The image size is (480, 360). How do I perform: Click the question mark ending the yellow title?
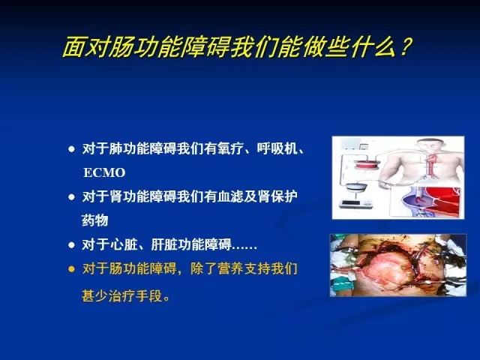(404, 47)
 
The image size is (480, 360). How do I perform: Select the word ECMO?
(104, 172)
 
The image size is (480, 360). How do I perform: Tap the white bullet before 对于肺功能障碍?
(72, 149)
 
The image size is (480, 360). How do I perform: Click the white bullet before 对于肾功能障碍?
(72, 196)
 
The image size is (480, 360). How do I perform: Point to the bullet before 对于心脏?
(72, 245)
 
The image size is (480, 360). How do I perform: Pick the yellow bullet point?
(72, 269)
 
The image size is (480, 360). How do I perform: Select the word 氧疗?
(230, 148)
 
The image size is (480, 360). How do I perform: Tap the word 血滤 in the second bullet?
(230, 196)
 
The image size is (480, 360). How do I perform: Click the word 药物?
(95, 220)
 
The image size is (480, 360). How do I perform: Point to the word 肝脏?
(164, 244)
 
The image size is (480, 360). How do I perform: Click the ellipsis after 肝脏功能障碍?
(244, 247)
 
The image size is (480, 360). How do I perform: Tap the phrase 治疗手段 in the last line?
(135, 296)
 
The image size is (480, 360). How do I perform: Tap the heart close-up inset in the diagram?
(426, 202)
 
